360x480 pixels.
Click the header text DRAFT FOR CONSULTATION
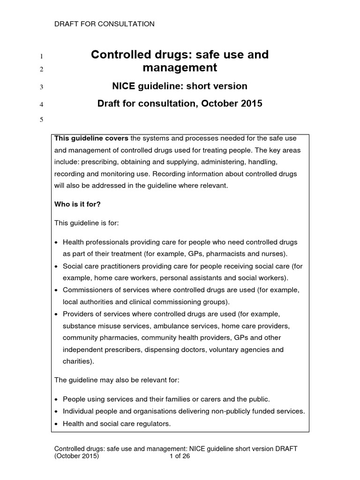[105, 24]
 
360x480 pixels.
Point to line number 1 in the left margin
[41, 57]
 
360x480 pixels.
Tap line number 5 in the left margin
[41, 120]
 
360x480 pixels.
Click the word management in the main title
[180, 68]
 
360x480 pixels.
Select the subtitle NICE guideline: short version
[180, 86]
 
